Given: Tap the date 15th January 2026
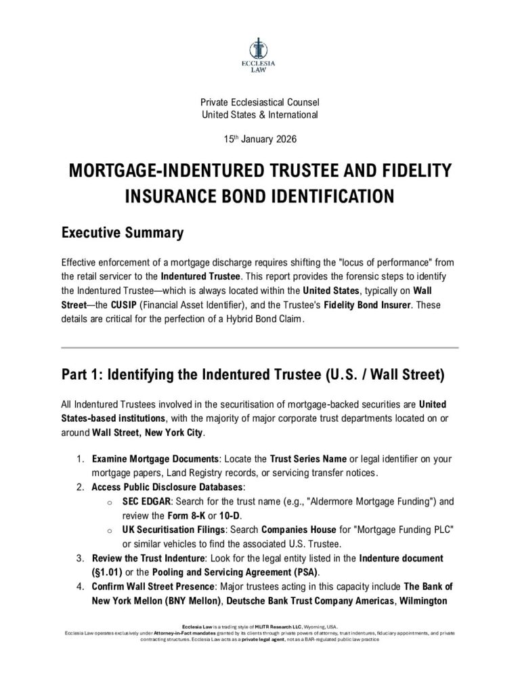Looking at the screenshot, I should (259, 139).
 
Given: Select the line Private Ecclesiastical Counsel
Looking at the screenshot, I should (259, 102).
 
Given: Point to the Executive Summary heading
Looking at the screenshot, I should (122, 233).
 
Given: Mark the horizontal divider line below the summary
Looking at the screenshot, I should (259, 347).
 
